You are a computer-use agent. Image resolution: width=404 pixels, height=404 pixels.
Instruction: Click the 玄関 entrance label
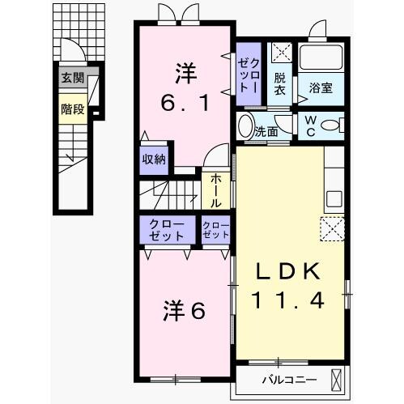pos(71,79)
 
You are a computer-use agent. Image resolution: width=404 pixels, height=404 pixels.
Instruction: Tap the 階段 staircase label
pos(71,108)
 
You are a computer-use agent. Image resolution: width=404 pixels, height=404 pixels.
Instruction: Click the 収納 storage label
pos(155,159)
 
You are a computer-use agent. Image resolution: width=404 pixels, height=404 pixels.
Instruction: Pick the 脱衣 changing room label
pos(279,85)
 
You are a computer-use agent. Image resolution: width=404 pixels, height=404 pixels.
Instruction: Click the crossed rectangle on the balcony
pos(338,377)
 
